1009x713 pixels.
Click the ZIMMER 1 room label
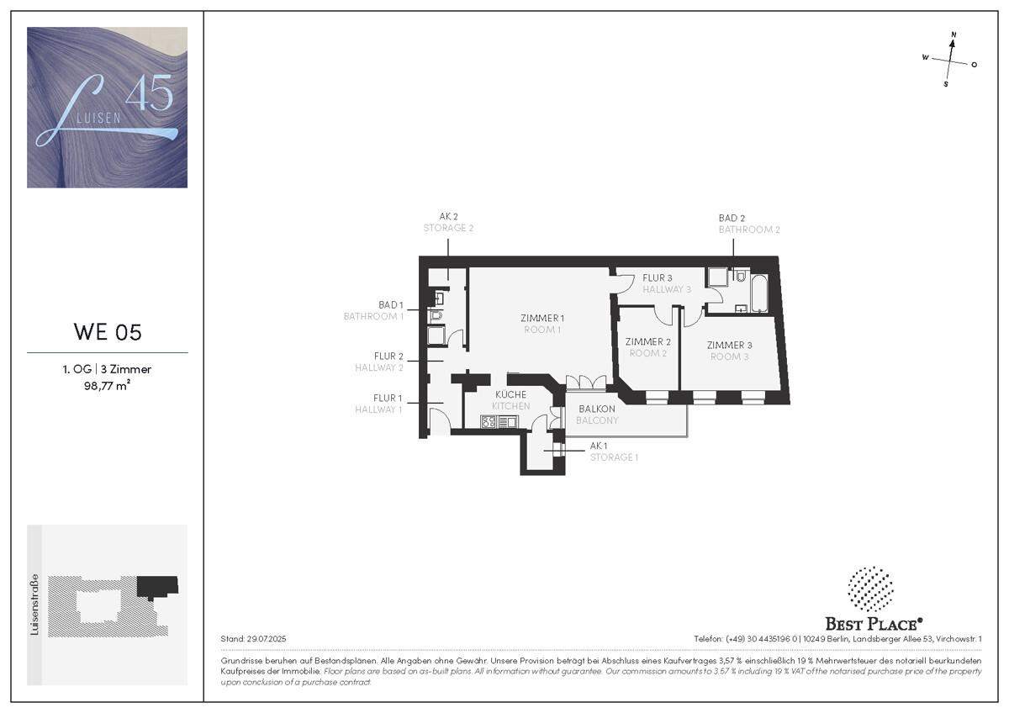click(x=542, y=319)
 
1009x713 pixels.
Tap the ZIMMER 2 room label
click(x=647, y=342)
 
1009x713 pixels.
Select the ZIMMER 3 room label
click(x=729, y=346)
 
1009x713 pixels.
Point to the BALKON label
click(x=597, y=409)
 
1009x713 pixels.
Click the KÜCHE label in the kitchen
click(x=511, y=394)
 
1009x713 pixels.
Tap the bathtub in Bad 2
click(x=759, y=293)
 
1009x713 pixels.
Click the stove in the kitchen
click(x=489, y=422)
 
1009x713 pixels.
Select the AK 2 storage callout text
click(x=449, y=217)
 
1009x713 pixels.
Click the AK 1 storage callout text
click(x=599, y=446)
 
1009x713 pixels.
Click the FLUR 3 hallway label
click(x=658, y=278)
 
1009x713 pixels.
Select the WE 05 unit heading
click(x=108, y=332)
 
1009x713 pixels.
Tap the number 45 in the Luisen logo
click(x=149, y=92)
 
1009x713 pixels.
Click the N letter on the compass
click(x=954, y=34)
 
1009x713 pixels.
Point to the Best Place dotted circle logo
click(x=871, y=589)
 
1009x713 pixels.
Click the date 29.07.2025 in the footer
click(x=267, y=639)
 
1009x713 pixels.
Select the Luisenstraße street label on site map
click(x=34, y=604)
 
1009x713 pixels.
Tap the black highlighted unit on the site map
click(x=157, y=586)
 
